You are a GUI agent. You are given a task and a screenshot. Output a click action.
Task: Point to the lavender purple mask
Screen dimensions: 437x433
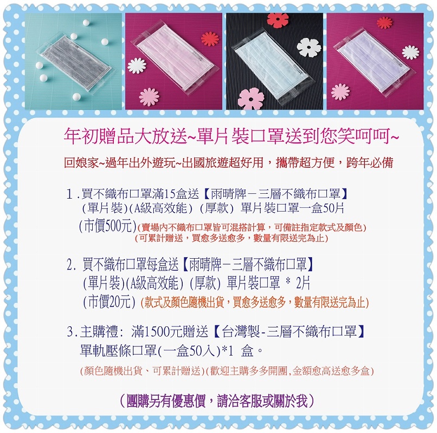click(372, 60)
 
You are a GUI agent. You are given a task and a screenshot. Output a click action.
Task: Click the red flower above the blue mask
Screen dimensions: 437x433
click(278, 21)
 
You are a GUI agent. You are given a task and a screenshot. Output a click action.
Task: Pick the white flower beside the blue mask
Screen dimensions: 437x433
click(309, 47)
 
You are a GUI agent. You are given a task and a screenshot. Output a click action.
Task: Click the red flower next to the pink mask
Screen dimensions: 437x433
click(210, 39)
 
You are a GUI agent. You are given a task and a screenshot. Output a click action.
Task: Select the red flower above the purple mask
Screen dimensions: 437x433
click(384, 22)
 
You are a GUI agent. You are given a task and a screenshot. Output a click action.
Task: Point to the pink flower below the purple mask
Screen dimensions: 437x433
click(340, 92)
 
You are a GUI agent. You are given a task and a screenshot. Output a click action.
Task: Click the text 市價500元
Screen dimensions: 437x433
click(107, 226)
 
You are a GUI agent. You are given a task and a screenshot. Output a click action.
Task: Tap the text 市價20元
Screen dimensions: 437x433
click(110, 301)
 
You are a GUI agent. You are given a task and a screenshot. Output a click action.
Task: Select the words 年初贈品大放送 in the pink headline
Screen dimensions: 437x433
click(125, 136)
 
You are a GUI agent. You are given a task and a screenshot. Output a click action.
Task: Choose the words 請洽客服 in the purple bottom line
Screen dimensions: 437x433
click(239, 401)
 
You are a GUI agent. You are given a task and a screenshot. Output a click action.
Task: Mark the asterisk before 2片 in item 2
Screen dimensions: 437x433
click(288, 281)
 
